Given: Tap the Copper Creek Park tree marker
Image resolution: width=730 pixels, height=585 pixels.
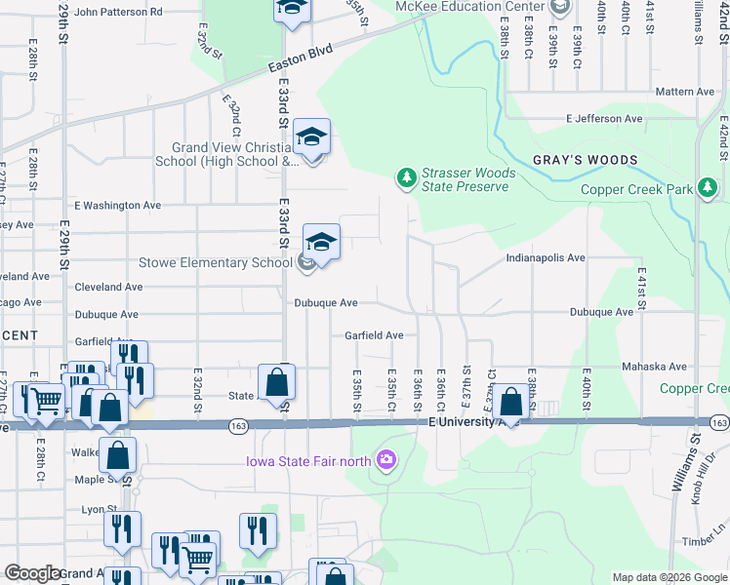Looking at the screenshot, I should tap(708, 188).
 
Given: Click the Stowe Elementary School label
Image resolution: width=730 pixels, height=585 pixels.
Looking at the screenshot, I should tap(216, 262).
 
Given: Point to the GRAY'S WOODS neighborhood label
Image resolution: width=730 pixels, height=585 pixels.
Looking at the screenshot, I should tap(585, 160).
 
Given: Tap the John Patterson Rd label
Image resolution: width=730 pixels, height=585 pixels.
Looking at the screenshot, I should tap(118, 13).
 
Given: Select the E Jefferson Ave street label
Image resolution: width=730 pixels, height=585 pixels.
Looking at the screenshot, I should tap(605, 119).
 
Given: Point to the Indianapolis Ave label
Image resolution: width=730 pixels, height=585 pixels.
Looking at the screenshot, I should tap(545, 258).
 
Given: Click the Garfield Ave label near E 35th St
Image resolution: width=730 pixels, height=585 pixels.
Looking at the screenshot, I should tap(374, 335).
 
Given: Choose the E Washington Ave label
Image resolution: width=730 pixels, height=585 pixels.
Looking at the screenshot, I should tap(117, 206).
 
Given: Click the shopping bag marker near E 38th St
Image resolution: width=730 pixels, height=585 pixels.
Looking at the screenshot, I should tap(510, 402).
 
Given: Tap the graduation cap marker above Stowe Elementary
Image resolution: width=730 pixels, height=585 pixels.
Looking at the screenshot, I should tap(321, 242).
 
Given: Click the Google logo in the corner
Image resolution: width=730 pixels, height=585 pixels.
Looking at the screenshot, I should tap(32, 573).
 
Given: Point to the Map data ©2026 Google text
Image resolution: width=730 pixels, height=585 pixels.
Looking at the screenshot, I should tap(669, 577).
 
